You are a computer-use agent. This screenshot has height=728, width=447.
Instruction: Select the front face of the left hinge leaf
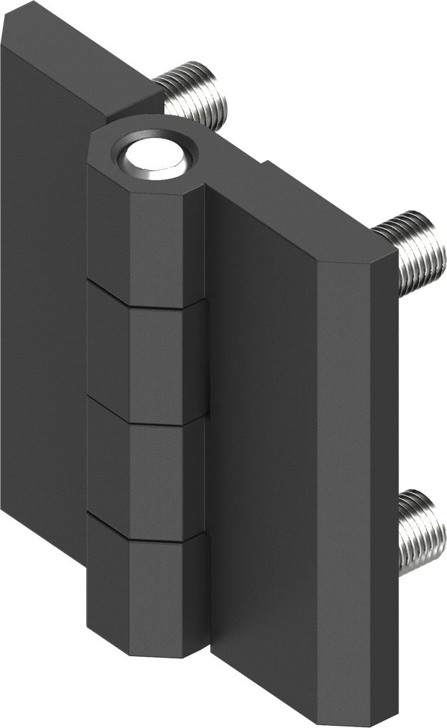coord(43,284)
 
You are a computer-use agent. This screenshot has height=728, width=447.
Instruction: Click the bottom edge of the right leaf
coord(306,693)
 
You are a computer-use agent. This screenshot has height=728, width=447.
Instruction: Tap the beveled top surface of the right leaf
coord(306,213)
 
